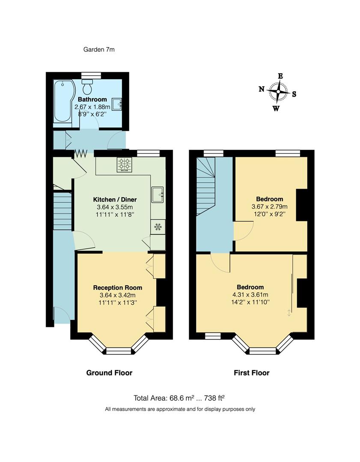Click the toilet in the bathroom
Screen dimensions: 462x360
(88, 88)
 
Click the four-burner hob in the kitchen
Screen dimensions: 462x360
(124, 165)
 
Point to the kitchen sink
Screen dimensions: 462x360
(157, 195)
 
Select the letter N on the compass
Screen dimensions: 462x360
(262, 89)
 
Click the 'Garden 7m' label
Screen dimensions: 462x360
(99, 50)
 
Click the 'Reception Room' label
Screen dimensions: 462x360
(118, 287)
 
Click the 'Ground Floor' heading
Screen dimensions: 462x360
(109, 373)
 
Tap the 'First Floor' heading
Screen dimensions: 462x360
(251, 373)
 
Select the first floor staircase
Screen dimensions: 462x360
(206, 186)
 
